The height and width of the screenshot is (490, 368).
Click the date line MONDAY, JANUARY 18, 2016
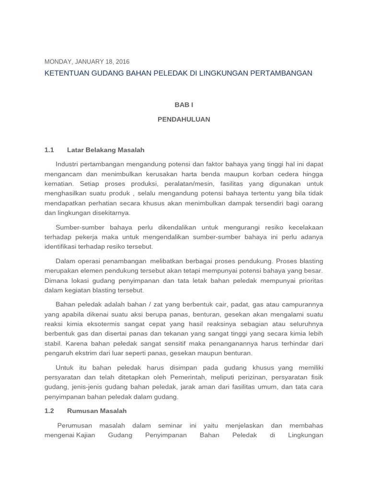pyautogui.click(x=87, y=62)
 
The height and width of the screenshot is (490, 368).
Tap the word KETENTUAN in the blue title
pyautogui.click(x=64, y=73)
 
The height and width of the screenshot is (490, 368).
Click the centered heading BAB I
pyautogui.click(x=184, y=105)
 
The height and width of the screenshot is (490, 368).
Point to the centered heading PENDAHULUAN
pyautogui.click(x=184, y=119)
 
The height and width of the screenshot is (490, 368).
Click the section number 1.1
pyautogui.click(x=49, y=150)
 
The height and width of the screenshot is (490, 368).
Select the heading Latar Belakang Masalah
pyautogui.click(x=105, y=150)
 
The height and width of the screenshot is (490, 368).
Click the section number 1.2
pyautogui.click(x=49, y=411)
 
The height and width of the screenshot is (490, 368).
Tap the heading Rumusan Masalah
pyautogui.click(x=97, y=411)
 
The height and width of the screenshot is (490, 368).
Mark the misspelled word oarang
pyautogui.click(x=313, y=203)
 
